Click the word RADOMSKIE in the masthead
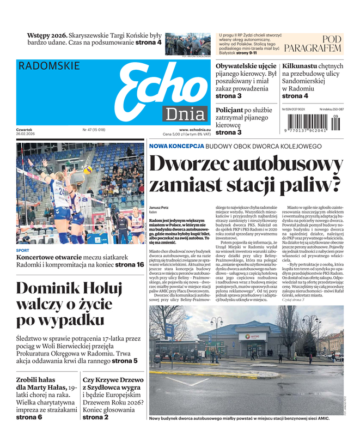point(49,66)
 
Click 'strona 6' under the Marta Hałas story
point(29,417)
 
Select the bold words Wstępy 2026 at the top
point(47,35)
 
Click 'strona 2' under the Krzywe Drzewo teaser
point(95,417)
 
